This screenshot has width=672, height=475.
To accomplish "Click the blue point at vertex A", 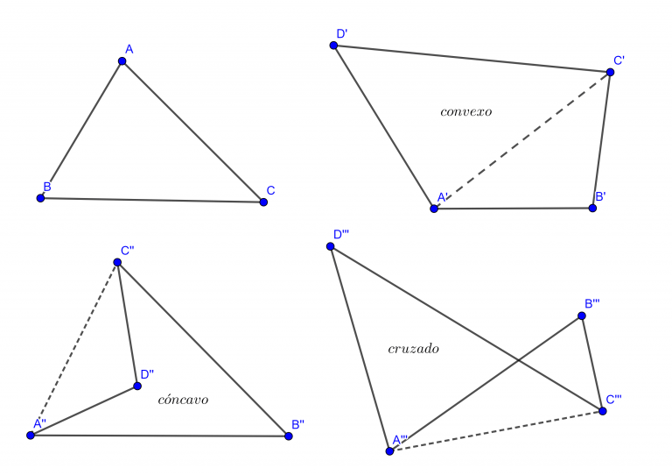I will click(x=122, y=61).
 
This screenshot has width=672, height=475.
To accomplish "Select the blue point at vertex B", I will click(x=40, y=198).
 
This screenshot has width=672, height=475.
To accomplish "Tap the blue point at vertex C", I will click(x=263, y=202).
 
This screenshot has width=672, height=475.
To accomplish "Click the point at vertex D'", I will click(x=333, y=45).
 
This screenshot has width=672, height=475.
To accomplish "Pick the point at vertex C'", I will click(x=610, y=72).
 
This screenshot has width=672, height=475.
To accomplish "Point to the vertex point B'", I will click(x=592, y=209).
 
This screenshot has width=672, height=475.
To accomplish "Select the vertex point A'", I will click(x=433, y=209).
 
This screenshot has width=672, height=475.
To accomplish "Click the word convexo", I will click(x=465, y=112).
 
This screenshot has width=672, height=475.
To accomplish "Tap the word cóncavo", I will click(x=183, y=401).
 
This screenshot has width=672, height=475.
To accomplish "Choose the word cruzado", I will click(x=413, y=349).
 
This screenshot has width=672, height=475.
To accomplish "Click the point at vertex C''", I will click(x=117, y=262).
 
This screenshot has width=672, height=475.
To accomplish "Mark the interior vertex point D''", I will click(x=137, y=386).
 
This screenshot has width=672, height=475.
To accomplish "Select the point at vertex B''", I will click(x=288, y=436).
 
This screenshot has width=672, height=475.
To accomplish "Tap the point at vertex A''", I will click(x=31, y=435).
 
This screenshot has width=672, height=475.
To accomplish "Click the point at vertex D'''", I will click(x=330, y=246).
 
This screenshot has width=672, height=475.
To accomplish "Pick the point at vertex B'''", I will click(x=581, y=315).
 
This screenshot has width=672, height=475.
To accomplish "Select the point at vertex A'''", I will click(x=389, y=451).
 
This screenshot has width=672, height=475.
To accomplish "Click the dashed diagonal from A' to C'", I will click(x=521, y=140).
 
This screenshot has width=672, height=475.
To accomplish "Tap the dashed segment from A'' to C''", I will click(x=74, y=348).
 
